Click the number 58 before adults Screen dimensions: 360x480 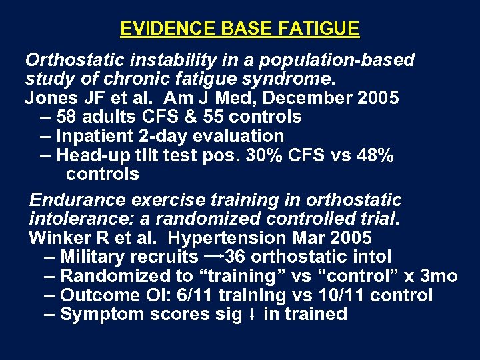[x=67, y=117]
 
